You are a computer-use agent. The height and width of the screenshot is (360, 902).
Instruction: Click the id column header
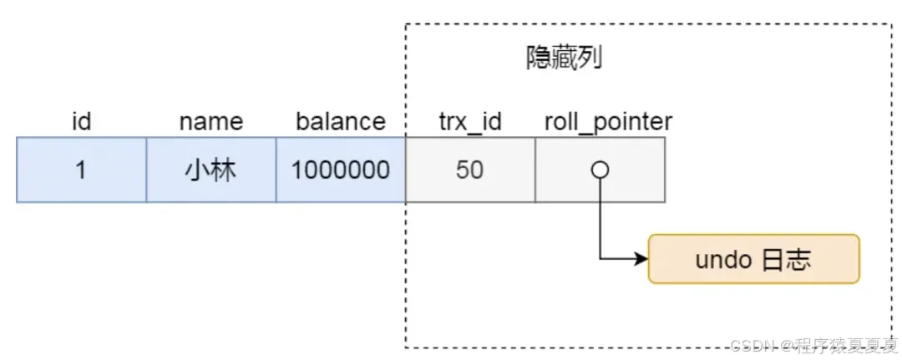pyautogui.click(x=81, y=122)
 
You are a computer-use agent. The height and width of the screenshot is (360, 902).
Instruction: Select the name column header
pyautogui.click(x=211, y=122)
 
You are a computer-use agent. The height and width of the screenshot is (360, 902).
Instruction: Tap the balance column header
pyautogui.click(x=341, y=122)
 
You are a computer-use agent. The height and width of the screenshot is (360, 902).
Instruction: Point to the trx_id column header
pyautogui.click(x=469, y=122)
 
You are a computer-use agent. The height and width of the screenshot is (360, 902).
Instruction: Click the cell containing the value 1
pyautogui.click(x=81, y=170)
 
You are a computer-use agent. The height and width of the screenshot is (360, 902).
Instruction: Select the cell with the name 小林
pyautogui.click(x=211, y=170)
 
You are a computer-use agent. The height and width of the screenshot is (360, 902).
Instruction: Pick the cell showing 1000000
pyautogui.click(x=341, y=170)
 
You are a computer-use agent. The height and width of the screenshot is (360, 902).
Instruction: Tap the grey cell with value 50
pyautogui.click(x=469, y=170)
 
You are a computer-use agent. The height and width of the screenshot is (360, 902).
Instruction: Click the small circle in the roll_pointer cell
pyautogui.click(x=600, y=170)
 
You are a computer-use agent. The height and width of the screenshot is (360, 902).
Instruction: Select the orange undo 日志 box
pyautogui.click(x=753, y=259)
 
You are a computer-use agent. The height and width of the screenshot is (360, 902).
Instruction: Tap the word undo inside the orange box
pyautogui.click(x=723, y=260)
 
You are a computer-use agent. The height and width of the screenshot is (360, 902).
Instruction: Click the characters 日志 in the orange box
pyautogui.click(x=786, y=260)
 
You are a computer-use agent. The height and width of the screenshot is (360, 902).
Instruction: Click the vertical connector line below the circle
pyautogui.click(x=600, y=217)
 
